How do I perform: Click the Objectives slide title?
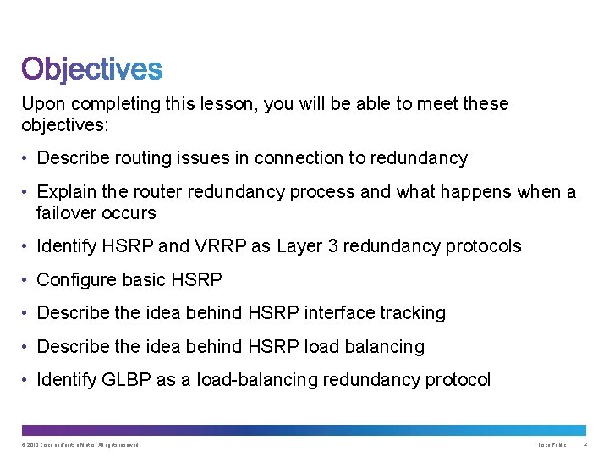point(91,69)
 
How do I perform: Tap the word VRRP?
point(222,246)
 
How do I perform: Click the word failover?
point(66,212)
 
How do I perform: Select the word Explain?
point(64,192)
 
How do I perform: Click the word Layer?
point(295,246)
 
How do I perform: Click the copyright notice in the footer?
point(80,444)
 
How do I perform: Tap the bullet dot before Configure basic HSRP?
point(27,280)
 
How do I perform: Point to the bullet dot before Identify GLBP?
point(27,380)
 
